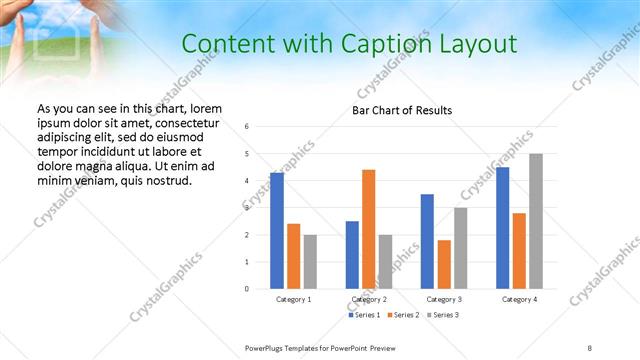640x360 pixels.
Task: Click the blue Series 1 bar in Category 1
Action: point(277,231)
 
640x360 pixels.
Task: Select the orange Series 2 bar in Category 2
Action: point(369,229)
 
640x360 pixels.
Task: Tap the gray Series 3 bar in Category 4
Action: point(536,221)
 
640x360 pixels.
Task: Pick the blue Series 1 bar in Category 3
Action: point(427,241)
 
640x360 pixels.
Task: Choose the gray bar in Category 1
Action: point(310,261)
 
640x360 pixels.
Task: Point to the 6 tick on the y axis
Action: point(247,126)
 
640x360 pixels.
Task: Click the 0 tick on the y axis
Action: point(247,289)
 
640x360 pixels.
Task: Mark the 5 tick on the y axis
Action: point(247,154)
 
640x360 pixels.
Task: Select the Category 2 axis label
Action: point(369,300)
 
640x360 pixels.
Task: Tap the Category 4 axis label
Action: point(519,300)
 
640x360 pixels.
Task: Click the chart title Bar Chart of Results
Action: point(402,110)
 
